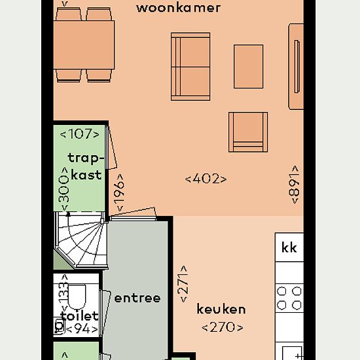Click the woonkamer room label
pyautogui.click(x=179, y=8)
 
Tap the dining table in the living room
pyautogui.click(x=84, y=45)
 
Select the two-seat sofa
pyautogui.click(x=190, y=67)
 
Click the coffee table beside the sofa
pyautogui.click(x=249, y=66)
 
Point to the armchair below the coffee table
pyautogui.click(x=248, y=132)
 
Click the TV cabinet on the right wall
pyautogui.click(x=296, y=66)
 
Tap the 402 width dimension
pyautogui.click(x=206, y=179)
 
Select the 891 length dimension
pyautogui.click(x=295, y=185)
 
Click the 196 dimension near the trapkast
pyautogui.click(x=120, y=193)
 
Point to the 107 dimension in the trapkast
pyautogui.click(x=79, y=134)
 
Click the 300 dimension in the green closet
pyautogui.click(x=64, y=189)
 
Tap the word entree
pyautogui.click(x=137, y=298)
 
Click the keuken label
pyautogui.click(x=221, y=309)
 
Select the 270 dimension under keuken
pyautogui.click(x=223, y=327)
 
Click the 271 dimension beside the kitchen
pyautogui.click(x=183, y=284)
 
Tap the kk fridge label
pyautogui.click(x=289, y=247)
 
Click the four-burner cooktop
pyautogui.click(x=289, y=298)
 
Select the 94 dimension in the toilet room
pyautogui.click(x=82, y=329)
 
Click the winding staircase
pyautogui.click(x=81, y=240)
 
